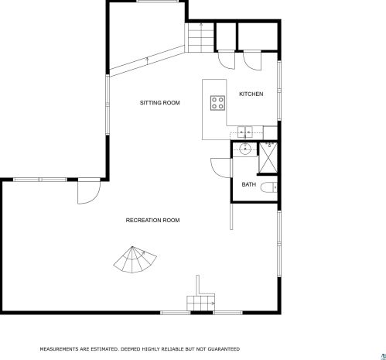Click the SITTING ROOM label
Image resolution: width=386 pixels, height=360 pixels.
pyautogui.click(x=159, y=103)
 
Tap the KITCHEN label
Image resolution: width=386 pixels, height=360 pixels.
pyautogui.click(x=251, y=94)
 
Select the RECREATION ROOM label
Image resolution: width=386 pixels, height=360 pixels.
pyautogui.click(x=152, y=220)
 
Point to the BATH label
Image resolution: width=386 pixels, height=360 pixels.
pyautogui.click(x=249, y=184)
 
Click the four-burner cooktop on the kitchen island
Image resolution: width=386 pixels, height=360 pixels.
pyautogui.click(x=217, y=103)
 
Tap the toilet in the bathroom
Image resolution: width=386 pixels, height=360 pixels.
pyautogui.click(x=268, y=187)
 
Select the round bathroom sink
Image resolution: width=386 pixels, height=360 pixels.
pyautogui.click(x=244, y=149)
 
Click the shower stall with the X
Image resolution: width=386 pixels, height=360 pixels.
pyautogui.click(x=268, y=158)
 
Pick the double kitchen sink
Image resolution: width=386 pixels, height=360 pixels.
pyautogui.click(x=245, y=132)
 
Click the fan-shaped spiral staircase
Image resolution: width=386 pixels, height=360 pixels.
pyautogui.click(x=134, y=260)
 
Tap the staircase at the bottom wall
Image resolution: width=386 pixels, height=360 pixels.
pyautogui.click(x=201, y=303)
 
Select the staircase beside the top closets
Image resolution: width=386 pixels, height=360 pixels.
pyautogui.click(x=201, y=38)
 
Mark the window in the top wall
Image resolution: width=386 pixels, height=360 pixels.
pyautogui.click(x=158, y=2)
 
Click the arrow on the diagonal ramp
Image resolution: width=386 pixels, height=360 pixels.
pyautogui.click(x=147, y=60)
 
